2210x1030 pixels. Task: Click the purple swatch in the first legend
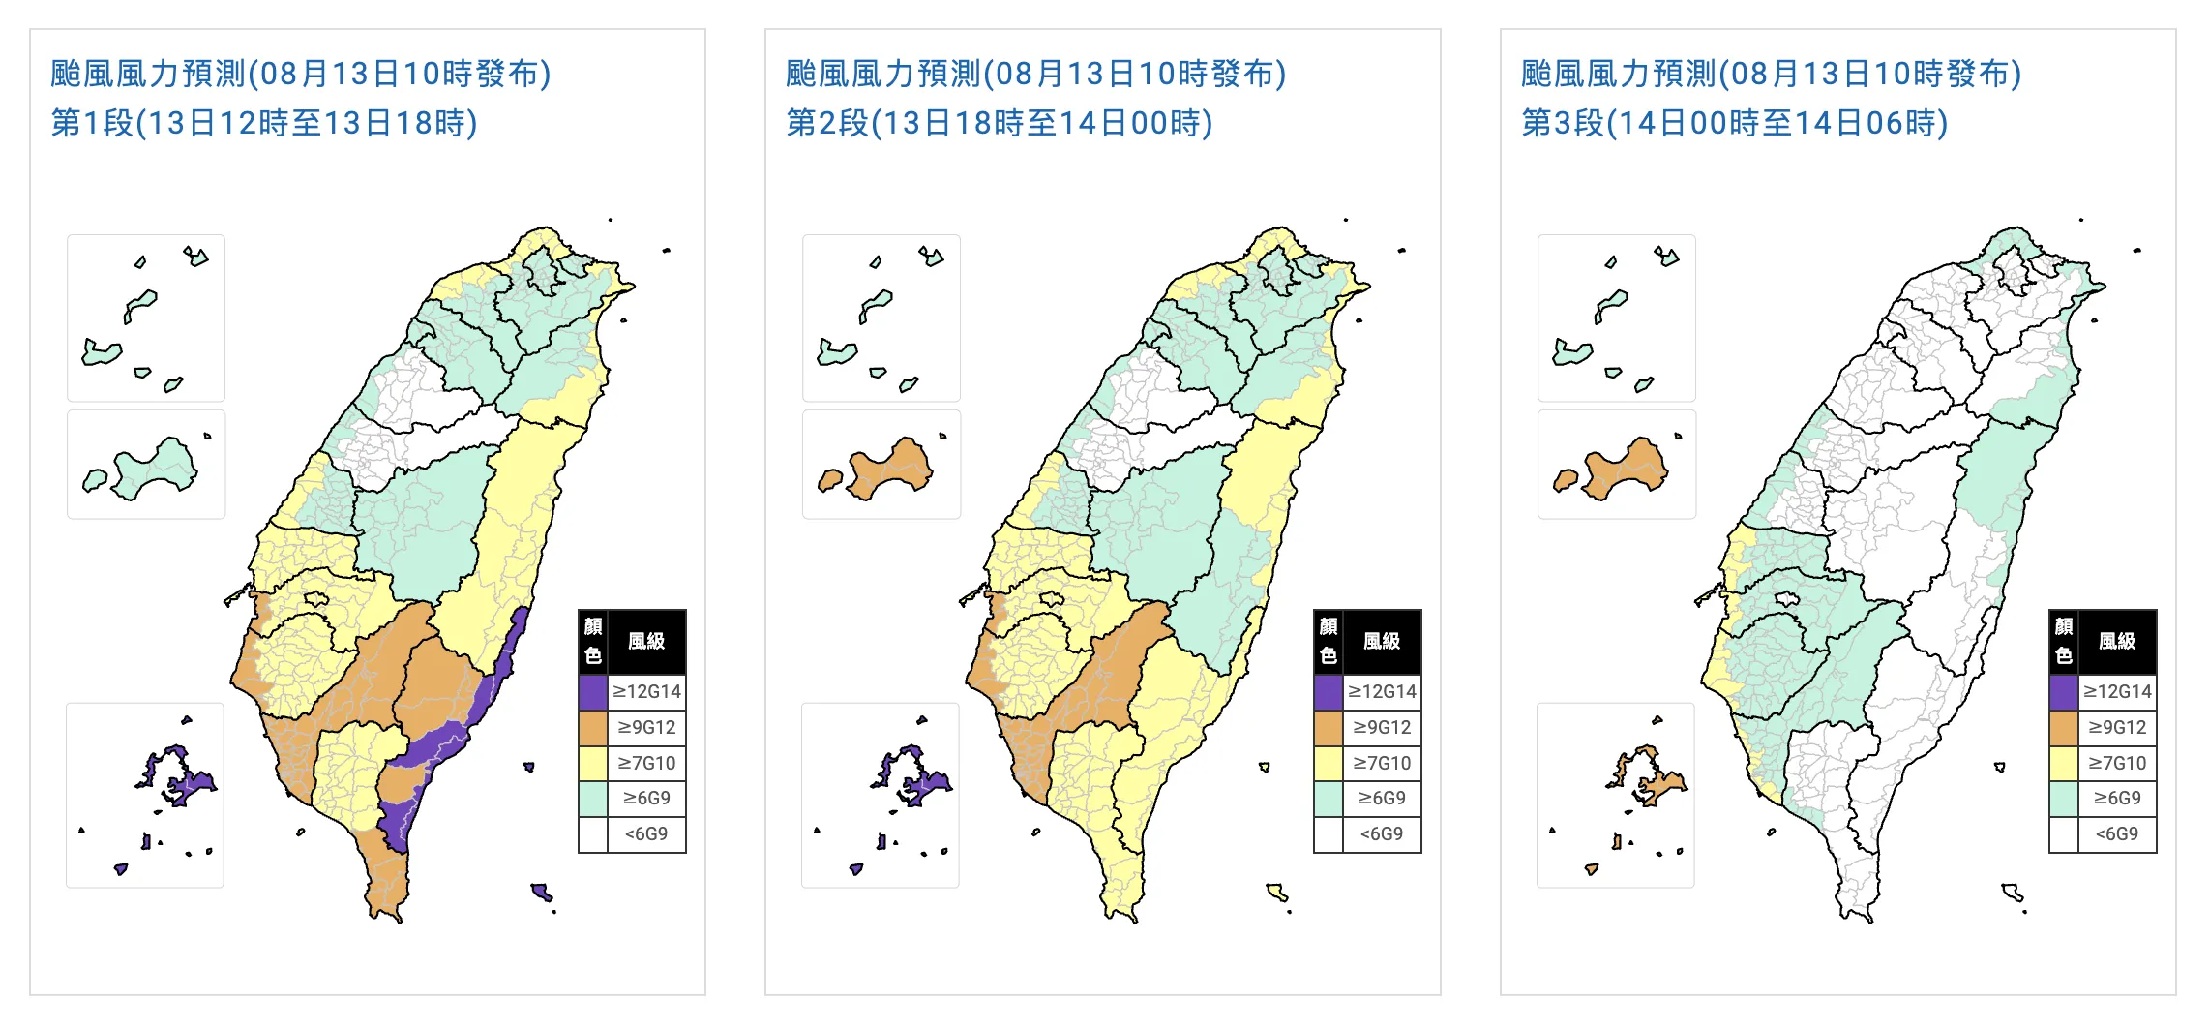pyautogui.click(x=593, y=692)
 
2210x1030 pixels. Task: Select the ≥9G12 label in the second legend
pyautogui.click(x=1382, y=727)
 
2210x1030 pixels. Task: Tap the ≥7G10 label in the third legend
pyautogui.click(x=2117, y=763)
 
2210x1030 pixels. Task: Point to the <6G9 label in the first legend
pyautogui.click(x=646, y=833)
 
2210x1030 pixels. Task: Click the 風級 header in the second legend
pyautogui.click(x=1382, y=641)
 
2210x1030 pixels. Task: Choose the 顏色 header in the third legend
pyautogui.click(x=2064, y=641)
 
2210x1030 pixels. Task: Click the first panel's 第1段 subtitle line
pyautogui.click(x=264, y=124)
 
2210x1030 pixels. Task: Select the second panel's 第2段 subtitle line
pyautogui.click(x=1000, y=124)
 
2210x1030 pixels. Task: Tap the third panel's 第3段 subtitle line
pyautogui.click(x=1735, y=124)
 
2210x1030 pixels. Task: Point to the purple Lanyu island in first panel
pyautogui.click(x=541, y=891)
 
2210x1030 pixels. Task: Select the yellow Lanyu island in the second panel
pyautogui.click(x=1276, y=891)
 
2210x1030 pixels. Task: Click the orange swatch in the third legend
pyautogui.click(x=2064, y=727)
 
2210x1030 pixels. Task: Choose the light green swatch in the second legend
pyautogui.click(x=1329, y=799)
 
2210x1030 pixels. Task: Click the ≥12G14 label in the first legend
pyautogui.click(x=646, y=692)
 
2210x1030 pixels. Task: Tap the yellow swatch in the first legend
pyautogui.click(x=593, y=763)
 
